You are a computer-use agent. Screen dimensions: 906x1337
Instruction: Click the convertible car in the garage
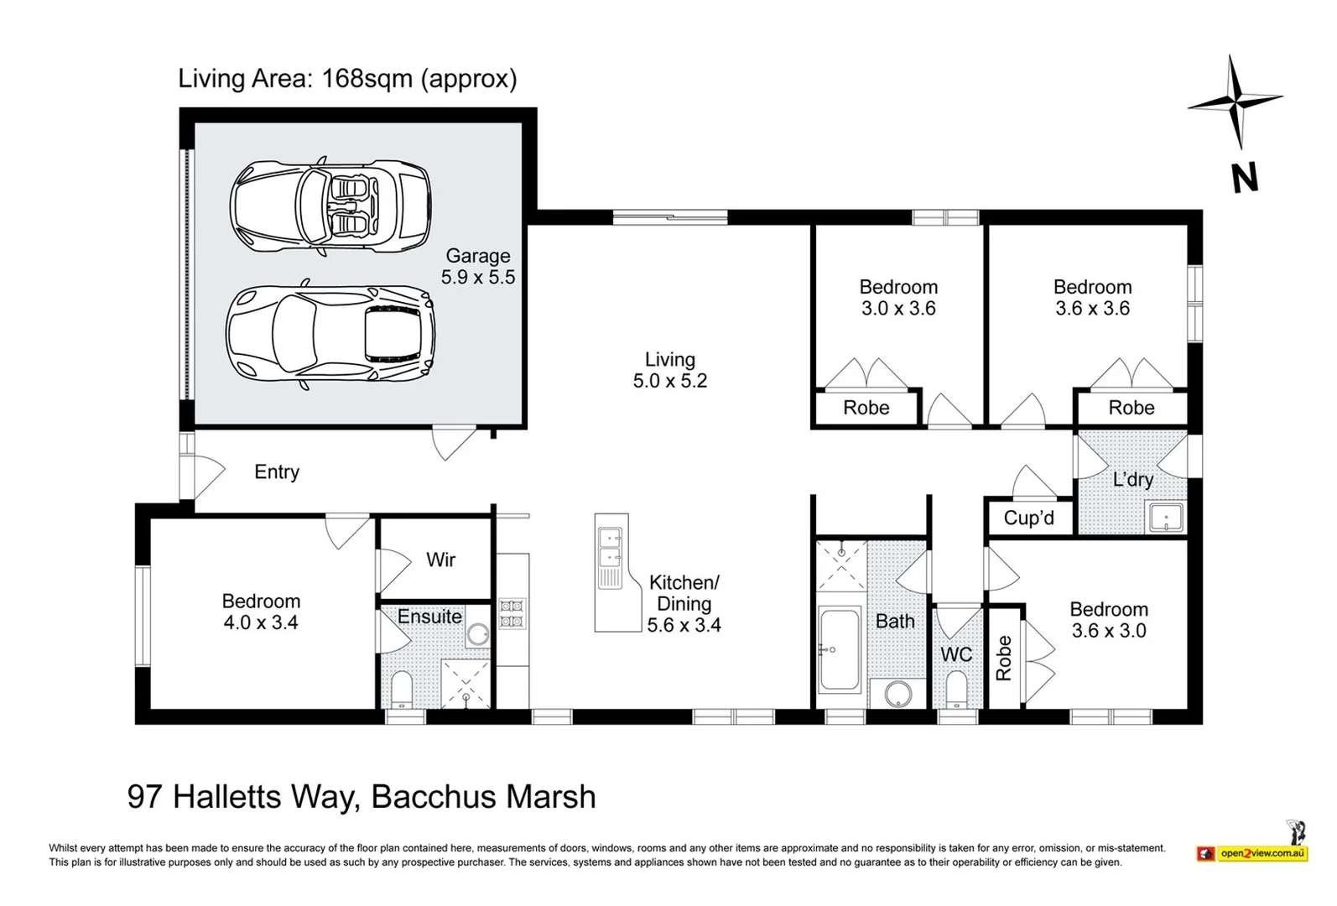pyautogui.click(x=330, y=206)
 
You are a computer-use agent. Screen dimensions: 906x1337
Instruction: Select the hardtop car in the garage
pyautogui.click(x=330, y=334)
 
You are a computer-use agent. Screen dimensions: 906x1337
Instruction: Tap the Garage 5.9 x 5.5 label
pyautogui.click(x=478, y=267)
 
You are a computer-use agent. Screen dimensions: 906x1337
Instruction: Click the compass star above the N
pyautogui.click(x=1234, y=102)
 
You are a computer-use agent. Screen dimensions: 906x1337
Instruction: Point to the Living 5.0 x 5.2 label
pyautogui.click(x=669, y=370)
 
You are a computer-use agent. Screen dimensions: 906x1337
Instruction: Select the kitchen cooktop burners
pyautogui.click(x=512, y=612)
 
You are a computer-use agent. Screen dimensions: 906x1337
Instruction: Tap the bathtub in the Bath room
pyautogui.click(x=839, y=650)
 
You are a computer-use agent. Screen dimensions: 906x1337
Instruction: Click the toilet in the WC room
pyautogui.click(x=956, y=690)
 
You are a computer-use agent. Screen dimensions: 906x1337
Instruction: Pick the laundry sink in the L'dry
pyautogui.click(x=1165, y=517)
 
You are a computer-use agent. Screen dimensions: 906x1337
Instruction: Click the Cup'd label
pyautogui.click(x=1028, y=518)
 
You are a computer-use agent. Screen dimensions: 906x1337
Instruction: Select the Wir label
pyautogui.click(x=440, y=560)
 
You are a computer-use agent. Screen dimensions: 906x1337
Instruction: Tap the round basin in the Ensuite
pyautogui.click(x=479, y=633)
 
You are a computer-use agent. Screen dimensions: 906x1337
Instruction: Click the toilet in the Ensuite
pyautogui.click(x=403, y=688)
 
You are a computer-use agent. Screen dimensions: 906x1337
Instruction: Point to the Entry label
pyautogui.click(x=277, y=472)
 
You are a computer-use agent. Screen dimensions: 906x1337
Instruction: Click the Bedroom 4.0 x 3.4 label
pyautogui.click(x=261, y=612)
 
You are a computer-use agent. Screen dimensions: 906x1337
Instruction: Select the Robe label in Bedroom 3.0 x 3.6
pyautogui.click(x=866, y=408)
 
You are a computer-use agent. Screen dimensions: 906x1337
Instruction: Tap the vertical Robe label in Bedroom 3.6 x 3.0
pyautogui.click(x=1003, y=658)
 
